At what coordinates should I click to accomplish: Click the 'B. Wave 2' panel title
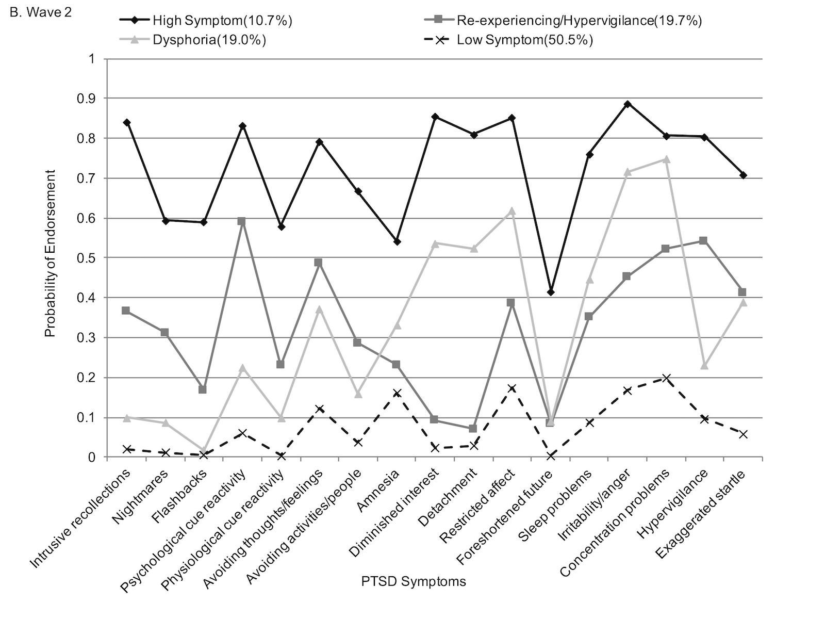pyautogui.click(x=41, y=12)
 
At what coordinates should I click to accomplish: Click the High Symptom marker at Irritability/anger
pyautogui.click(x=628, y=104)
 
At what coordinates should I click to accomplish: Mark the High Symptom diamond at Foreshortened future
pyautogui.click(x=551, y=292)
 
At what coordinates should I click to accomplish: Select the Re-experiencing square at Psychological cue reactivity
pyautogui.click(x=242, y=221)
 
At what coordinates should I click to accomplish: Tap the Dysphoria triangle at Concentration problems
pyautogui.click(x=666, y=159)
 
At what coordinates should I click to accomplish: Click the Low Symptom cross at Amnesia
pyautogui.click(x=397, y=393)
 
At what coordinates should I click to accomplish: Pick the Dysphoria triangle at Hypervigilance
pyautogui.click(x=704, y=366)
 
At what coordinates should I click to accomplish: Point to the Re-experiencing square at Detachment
pyautogui.click(x=473, y=429)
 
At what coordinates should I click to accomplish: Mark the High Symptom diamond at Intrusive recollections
pyautogui.click(x=127, y=123)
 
